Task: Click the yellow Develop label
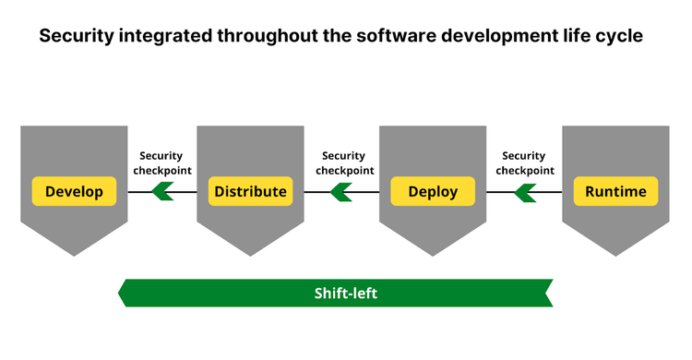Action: click(x=74, y=192)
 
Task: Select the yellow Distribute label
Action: click(x=250, y=192)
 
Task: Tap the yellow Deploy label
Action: click(x=433, y=192)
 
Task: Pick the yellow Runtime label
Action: click(x=615, y=192)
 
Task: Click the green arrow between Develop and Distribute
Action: click(x=163, y=192)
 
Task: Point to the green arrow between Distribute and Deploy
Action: click(x=341, y=192)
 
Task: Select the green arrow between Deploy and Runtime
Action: click(x=525, y=192)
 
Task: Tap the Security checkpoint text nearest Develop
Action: click(x=162, y=163)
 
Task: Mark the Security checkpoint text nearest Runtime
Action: click(x=525, y=163)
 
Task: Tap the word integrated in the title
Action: click(x=173, y=38)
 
